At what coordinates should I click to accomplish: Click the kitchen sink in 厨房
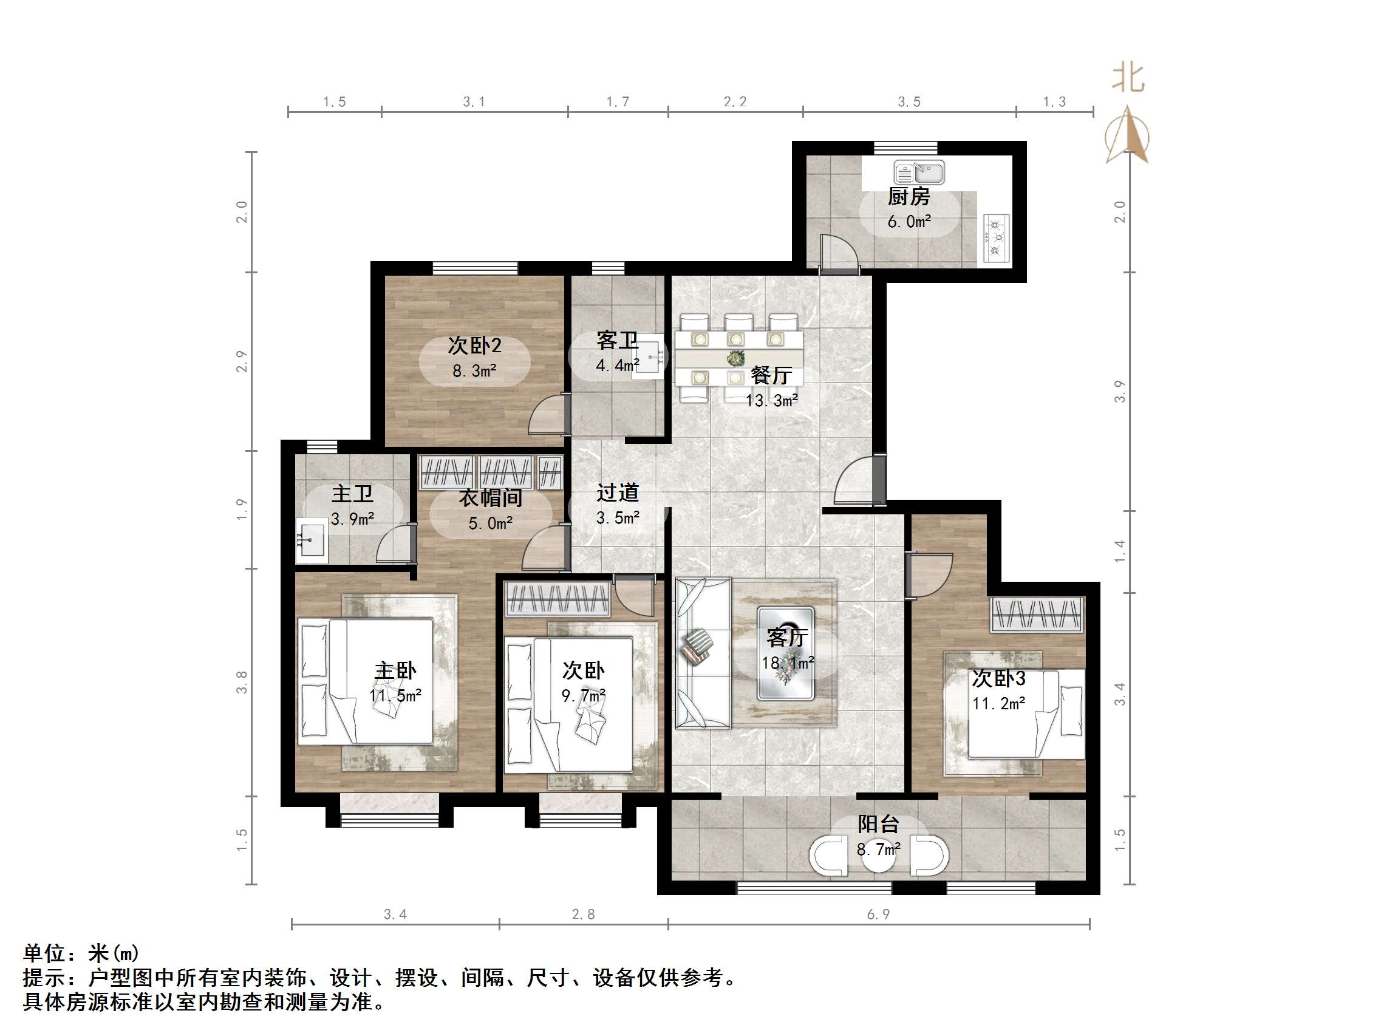point(918,172)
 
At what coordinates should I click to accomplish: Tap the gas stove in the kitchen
point(996,237)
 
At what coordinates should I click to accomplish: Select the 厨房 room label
point(909,197)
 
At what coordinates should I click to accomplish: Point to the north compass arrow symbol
point(1127,135)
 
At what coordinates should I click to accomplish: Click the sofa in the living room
point(703,653)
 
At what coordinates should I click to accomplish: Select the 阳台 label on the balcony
point(877,824)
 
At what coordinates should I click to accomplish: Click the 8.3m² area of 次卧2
point(474,371)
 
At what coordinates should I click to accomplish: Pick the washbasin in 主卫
point(310,539)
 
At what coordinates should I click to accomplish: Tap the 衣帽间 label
point(490,499)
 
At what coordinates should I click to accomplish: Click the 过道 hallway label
point(618,493)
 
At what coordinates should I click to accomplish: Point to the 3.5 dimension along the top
point(909,102)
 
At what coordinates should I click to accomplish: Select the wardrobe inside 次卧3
point(1037,615)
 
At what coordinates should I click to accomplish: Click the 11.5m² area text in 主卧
point(395,696)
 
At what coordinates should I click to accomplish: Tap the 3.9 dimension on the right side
point(1119,391)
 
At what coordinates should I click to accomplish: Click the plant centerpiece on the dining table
point(736,358)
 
